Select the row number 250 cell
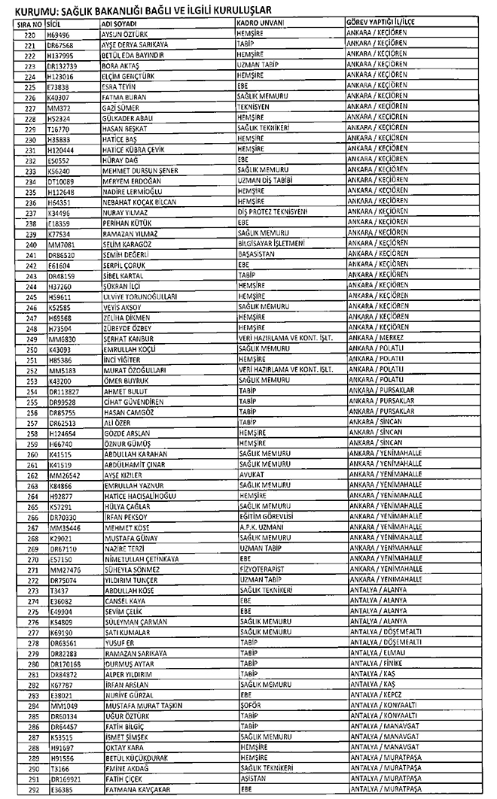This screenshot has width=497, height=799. [31, 350]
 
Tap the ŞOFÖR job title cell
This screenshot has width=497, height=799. [249, 707]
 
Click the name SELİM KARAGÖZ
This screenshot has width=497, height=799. [126, 245]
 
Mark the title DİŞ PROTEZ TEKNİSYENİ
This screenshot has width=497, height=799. [272, 213]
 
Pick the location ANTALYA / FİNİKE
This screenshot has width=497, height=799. [377, 665]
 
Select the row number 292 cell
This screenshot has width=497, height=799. [31, 791]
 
